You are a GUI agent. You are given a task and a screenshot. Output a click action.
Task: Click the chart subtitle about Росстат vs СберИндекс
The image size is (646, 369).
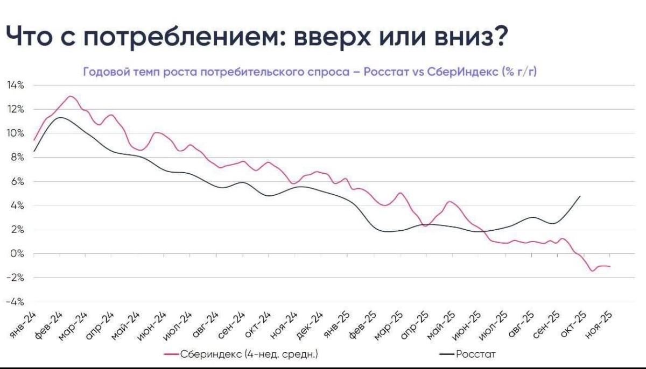point(310,72)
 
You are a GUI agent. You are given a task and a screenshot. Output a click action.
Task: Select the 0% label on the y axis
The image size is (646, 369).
point(18,253)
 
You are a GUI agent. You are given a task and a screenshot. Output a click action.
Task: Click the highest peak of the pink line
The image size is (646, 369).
point(70,96)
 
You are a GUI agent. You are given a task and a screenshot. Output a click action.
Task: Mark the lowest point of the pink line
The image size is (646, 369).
point(593,271)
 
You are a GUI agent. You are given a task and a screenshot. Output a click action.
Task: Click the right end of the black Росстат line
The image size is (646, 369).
point(580,196)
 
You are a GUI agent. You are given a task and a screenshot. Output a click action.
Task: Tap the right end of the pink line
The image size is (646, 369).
point(610,266)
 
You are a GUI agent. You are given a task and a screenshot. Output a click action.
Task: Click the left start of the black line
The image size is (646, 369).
point(34,151)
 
